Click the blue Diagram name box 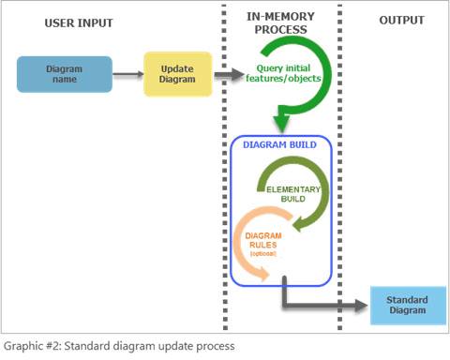click(x=65, y=74)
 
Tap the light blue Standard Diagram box click(x=407, y=306)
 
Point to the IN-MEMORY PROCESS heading click(x=280, y=24)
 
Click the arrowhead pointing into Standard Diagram click(x=360, y=307)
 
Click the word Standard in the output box click(x=407, y=300)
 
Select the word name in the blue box click(x=65, y=80)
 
